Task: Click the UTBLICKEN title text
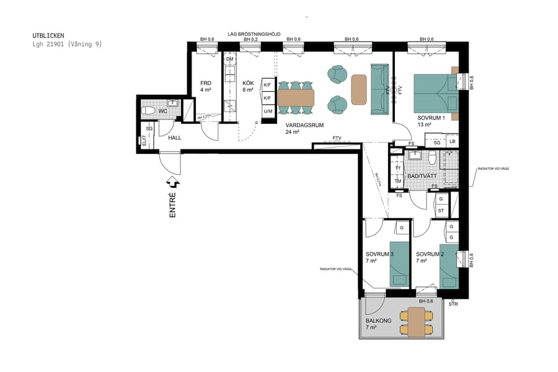click(x=48, y=36)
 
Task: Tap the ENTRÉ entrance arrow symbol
click(x=173, y=183)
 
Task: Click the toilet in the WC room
click(x=149, y=112)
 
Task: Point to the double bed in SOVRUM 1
click(x=434, y=93)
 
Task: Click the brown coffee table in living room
click(x=359, y=89)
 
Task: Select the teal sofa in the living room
click(x=379, y=89)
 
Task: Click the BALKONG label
click(x=377, y=321)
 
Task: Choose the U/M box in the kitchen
click(x=268, y=112)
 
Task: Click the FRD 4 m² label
click(x=206, y=86)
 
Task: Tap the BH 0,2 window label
click(x=250, y=40)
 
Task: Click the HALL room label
click(x=175, y=138)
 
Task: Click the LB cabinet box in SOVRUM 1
click(x=452, y=143)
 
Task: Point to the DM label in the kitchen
click(x=229, y=59)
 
